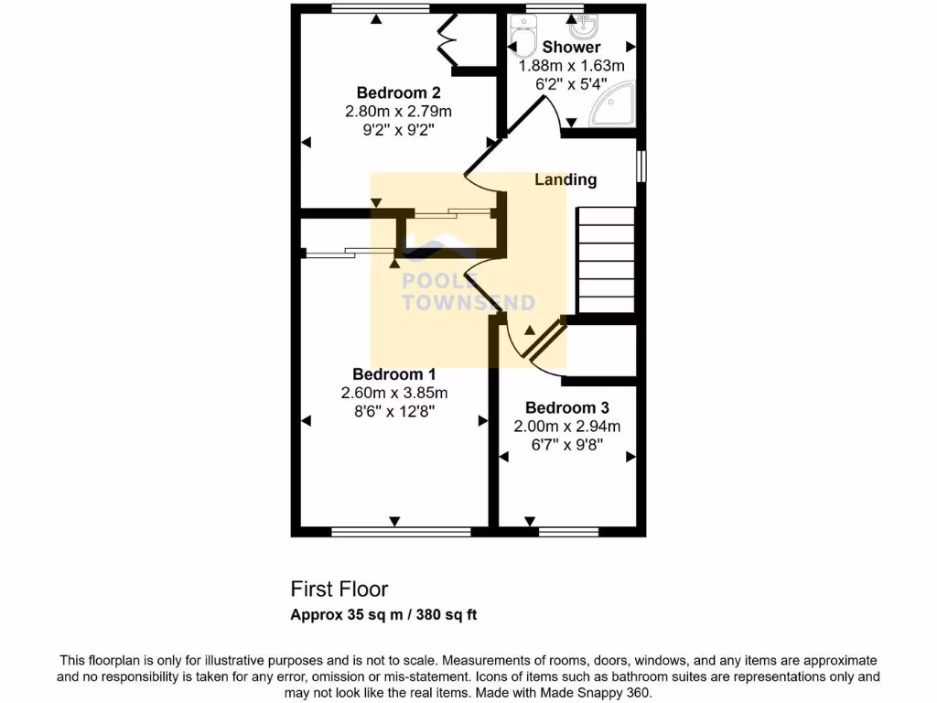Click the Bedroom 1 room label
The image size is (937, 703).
coord(393,374)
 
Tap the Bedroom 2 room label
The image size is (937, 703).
coord(398,92)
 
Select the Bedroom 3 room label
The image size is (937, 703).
coord(567,408)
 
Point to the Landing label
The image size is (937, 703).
coord(565,180)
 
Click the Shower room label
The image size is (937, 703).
coord(571,47)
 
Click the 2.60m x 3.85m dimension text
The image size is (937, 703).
coord(393,393)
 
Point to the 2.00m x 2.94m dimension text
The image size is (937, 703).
coord(567,427)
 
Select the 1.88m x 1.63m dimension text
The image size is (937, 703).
coord(571,66)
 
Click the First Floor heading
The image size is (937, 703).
coord(339,589)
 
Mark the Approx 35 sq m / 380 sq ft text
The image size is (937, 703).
coord(383,615)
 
